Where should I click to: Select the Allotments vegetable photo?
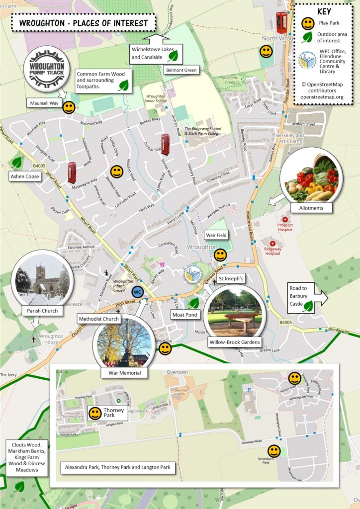coord(311,177)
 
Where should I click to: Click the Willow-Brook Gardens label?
coord(235,342)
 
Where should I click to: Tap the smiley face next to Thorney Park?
coord(95,413)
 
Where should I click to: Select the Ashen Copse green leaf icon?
coord(17,162)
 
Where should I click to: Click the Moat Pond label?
coord(184,315)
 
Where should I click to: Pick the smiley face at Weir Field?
coord(220,255)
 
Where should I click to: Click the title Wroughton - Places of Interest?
coord(84,23)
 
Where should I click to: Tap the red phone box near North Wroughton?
coord(281,23)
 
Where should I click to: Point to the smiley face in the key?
coord(308,23)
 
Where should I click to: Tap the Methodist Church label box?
coord(98,319)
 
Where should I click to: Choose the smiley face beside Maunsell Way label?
coord(69,107)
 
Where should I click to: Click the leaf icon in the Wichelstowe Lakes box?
coord(173,56)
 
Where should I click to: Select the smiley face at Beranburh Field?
coord(274,451)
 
